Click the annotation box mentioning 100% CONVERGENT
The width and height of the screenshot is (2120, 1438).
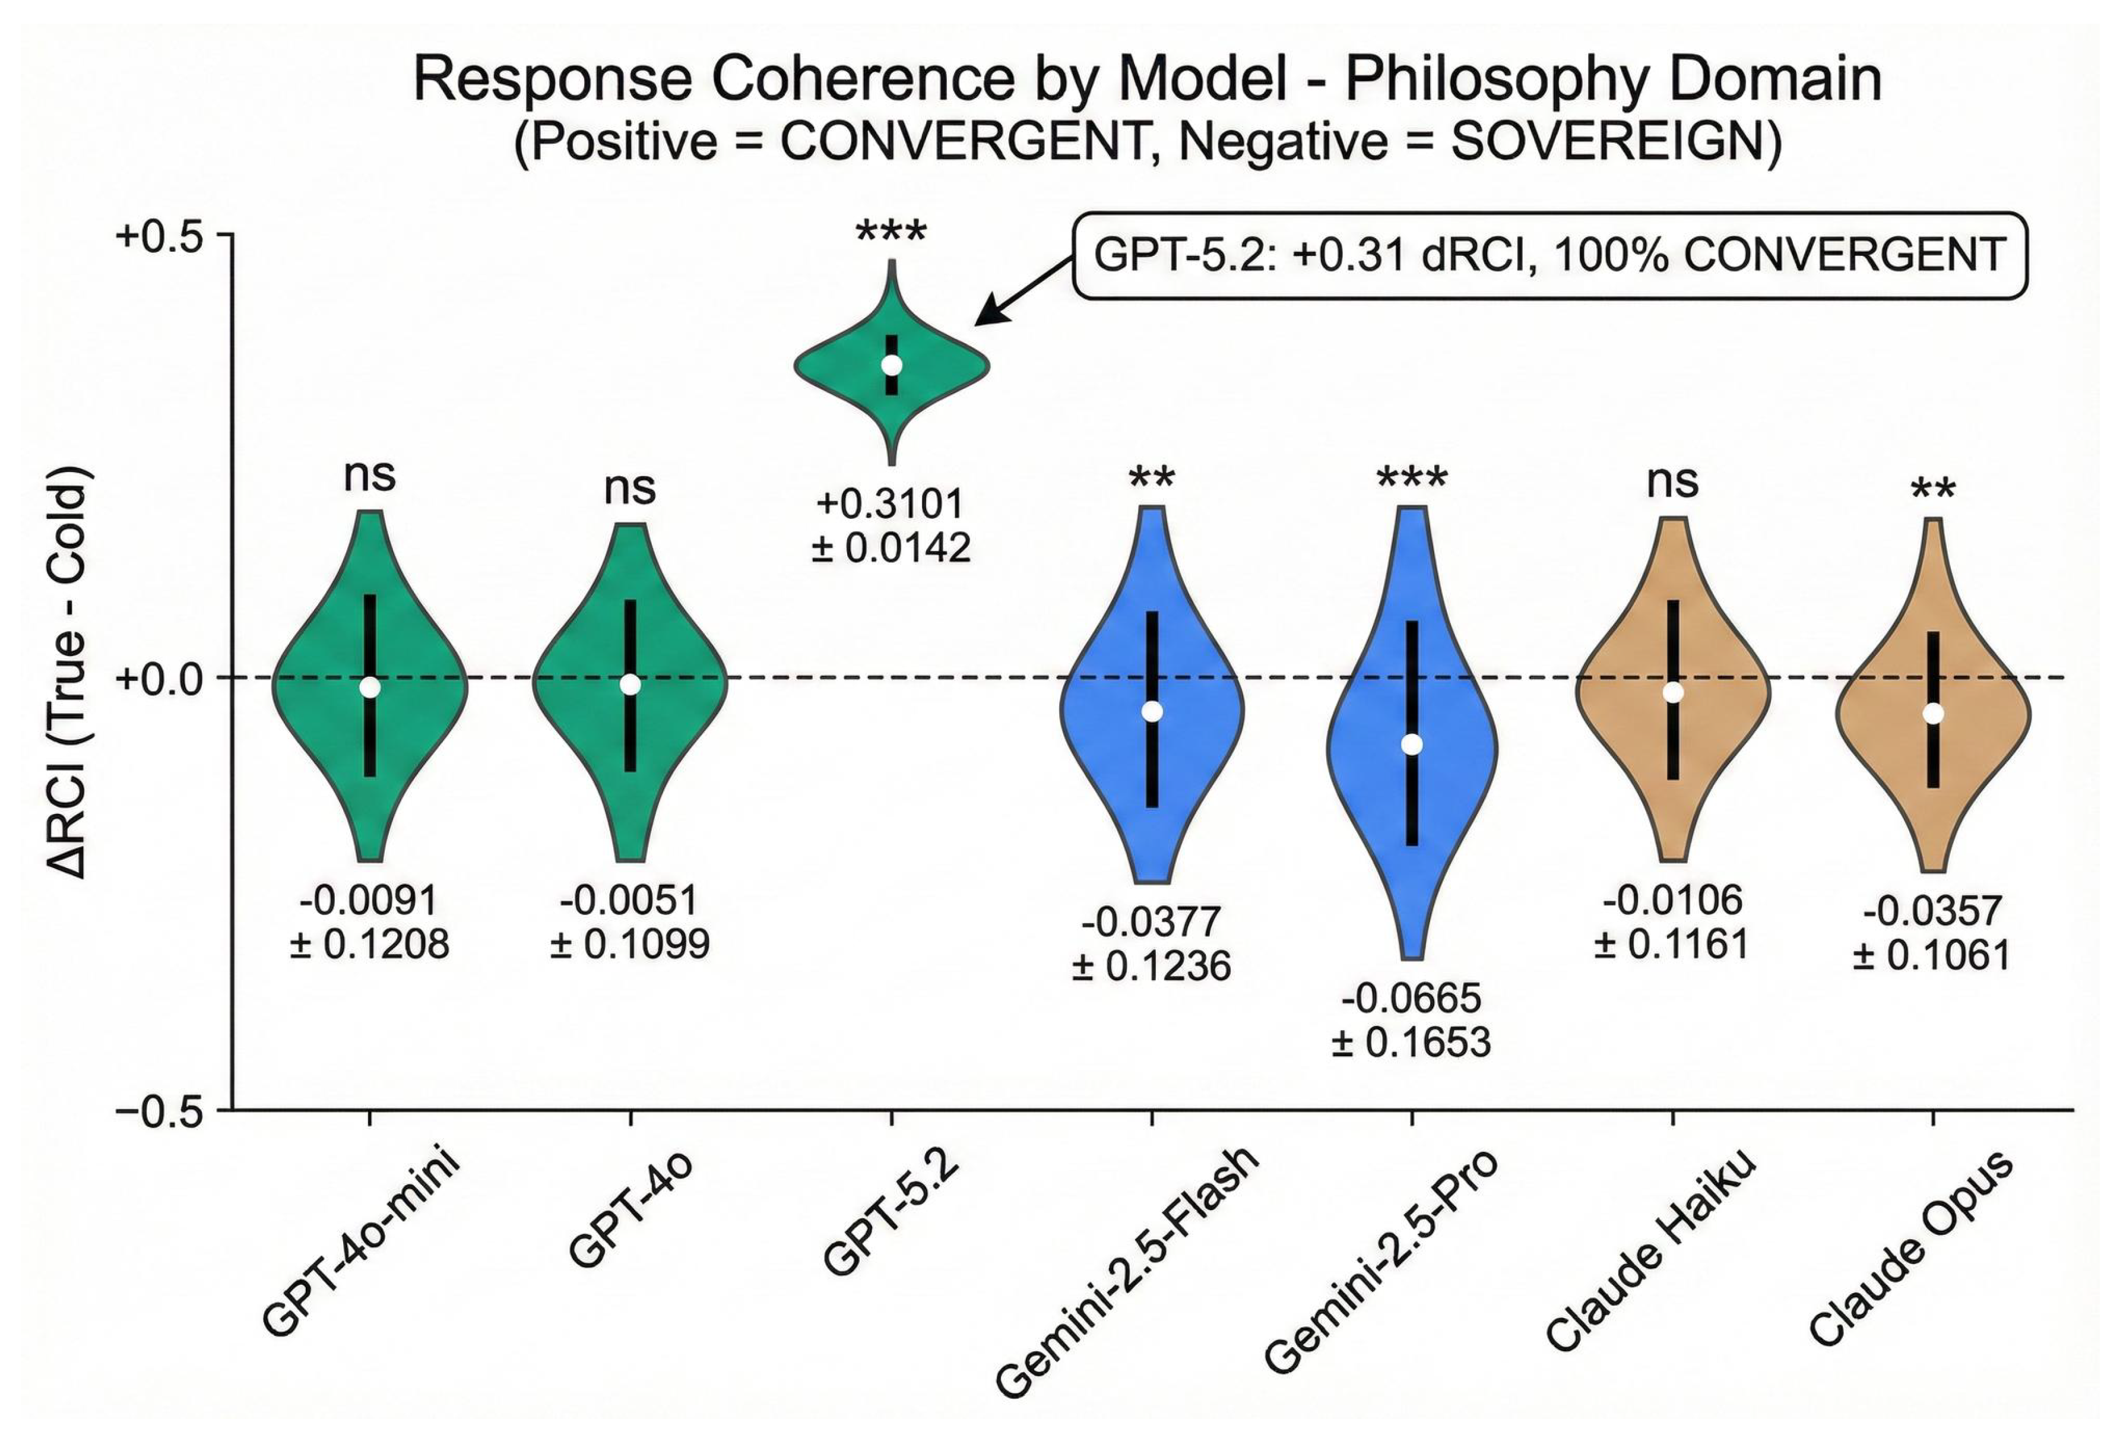(1549, 255)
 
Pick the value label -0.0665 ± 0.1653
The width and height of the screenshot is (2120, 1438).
(1411, 1020)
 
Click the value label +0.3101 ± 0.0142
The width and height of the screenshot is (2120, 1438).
(891, 525)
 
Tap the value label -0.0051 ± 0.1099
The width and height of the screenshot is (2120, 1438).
(629, 921)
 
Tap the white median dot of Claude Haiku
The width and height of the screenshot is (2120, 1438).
(1672, 692)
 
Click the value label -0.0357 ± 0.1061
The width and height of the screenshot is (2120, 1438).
(1932, 933)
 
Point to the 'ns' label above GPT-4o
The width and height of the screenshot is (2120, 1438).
(629, 488)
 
